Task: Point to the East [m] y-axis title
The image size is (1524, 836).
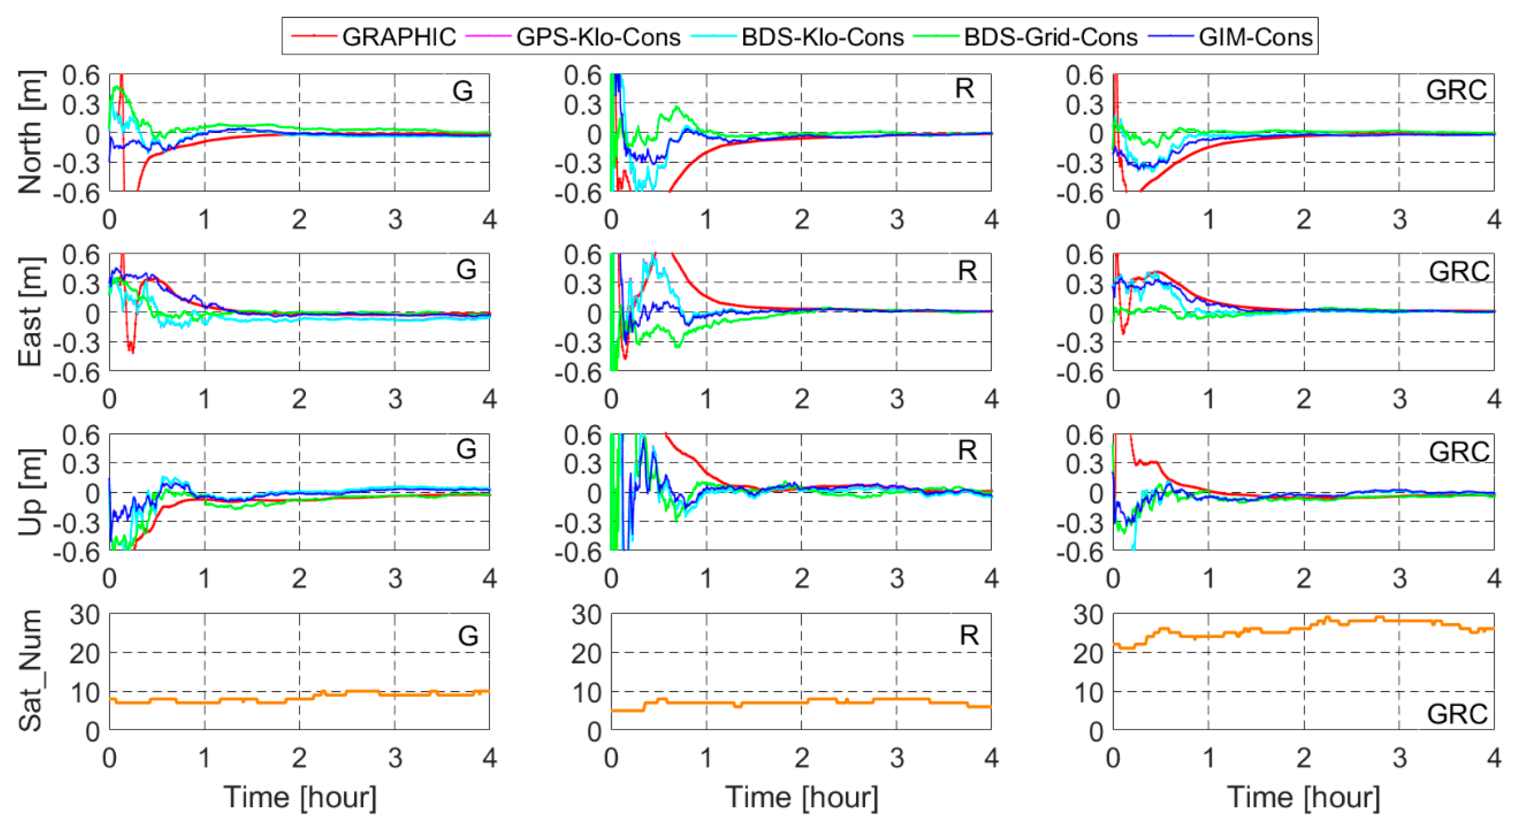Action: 30,312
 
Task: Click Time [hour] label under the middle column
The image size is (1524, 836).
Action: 802,797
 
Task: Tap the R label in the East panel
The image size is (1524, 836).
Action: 967,271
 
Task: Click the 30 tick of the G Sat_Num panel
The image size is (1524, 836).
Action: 85,615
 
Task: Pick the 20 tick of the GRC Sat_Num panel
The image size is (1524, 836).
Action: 1088,653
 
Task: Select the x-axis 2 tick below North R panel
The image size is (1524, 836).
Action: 802,220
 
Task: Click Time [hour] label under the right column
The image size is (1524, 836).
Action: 1303,797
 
